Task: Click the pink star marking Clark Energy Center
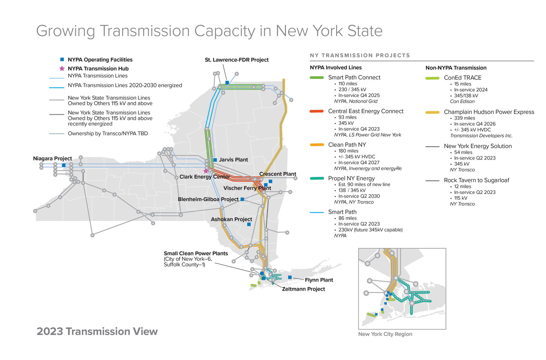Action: click(x=206, y=171)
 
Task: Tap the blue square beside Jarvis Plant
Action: click(x=215, y=160)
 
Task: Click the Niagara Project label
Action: click(x=53, y=158)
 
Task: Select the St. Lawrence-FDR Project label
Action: click(x=236, y=60)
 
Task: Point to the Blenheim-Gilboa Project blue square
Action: click(x=242, y=199)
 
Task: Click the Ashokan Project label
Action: click(x=231, y=219)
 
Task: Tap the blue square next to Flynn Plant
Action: click(x=290, y=277)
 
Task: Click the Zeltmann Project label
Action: click(x=303, y=289)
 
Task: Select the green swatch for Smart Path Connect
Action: click(x=317, y=78)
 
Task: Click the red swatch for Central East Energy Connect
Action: click(x=317, y=111)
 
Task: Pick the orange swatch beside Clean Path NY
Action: click(x=317, y=145)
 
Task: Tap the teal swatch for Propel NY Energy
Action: click(x=317, y=178)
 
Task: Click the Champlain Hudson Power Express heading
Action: click(x=489, y=112)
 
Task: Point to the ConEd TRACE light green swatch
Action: click(x=432, y=78)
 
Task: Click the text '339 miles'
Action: click(x=464, y=118)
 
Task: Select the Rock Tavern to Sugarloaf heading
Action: click(x=476, y=180)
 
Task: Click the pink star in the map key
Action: click(x=62, y=68)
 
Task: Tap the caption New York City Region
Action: click(x=385, y=334)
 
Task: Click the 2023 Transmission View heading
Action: click(x=97, y=331)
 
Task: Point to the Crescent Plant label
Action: click(x=277, y=174)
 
